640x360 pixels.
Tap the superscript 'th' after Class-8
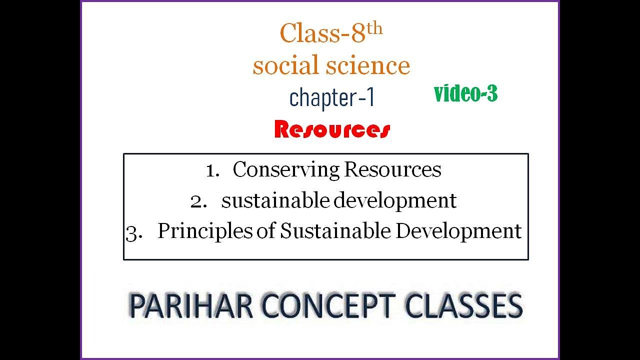374,28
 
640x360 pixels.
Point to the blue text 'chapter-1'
332,97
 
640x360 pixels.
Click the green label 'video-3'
465,93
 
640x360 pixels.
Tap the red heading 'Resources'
332,129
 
